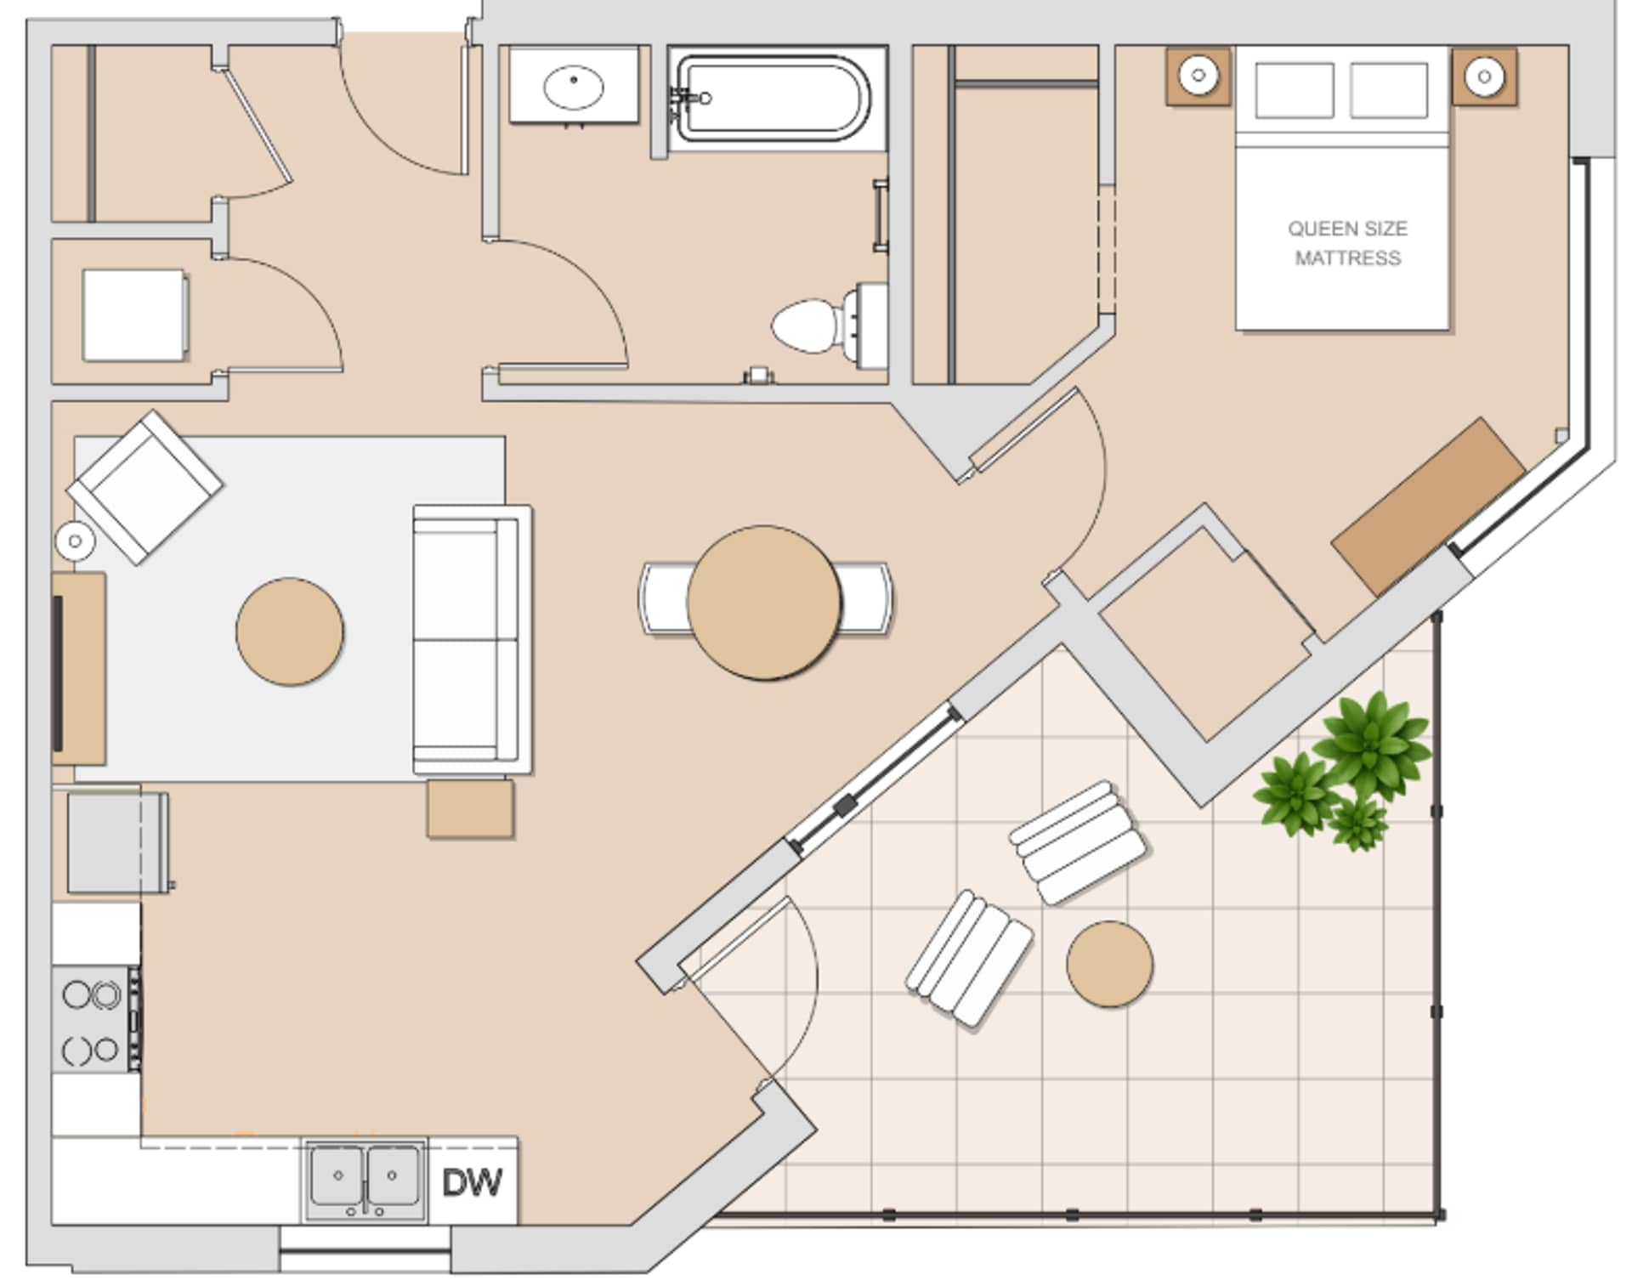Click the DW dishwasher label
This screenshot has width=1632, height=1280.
(x=473, y=1182)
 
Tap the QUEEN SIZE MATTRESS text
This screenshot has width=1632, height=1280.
(x=1347, y=243)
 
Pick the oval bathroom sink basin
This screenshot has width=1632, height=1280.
(x=574, y=87)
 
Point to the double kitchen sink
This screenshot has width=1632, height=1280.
(x=365, y=1181)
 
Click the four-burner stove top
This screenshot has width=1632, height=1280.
(x=93, y=1021)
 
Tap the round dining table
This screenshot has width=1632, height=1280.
(x=763, y=602)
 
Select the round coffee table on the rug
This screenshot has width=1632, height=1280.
(x=290, y=632)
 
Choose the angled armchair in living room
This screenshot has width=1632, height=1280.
(x=144, y=488)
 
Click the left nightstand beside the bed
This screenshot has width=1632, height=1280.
(x=1198, y=76)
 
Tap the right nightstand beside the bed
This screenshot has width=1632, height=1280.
(x=1484, y=76)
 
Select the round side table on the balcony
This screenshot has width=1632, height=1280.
(x=1109, y=964)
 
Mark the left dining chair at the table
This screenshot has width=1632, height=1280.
(x=663, y=598)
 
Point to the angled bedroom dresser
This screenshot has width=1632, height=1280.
(x=1428, y=507)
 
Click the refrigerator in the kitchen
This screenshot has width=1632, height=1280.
(x=115, y=841)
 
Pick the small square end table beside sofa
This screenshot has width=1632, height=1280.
(x=470, y=809)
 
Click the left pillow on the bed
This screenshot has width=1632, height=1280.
(x=1294, y=90)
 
